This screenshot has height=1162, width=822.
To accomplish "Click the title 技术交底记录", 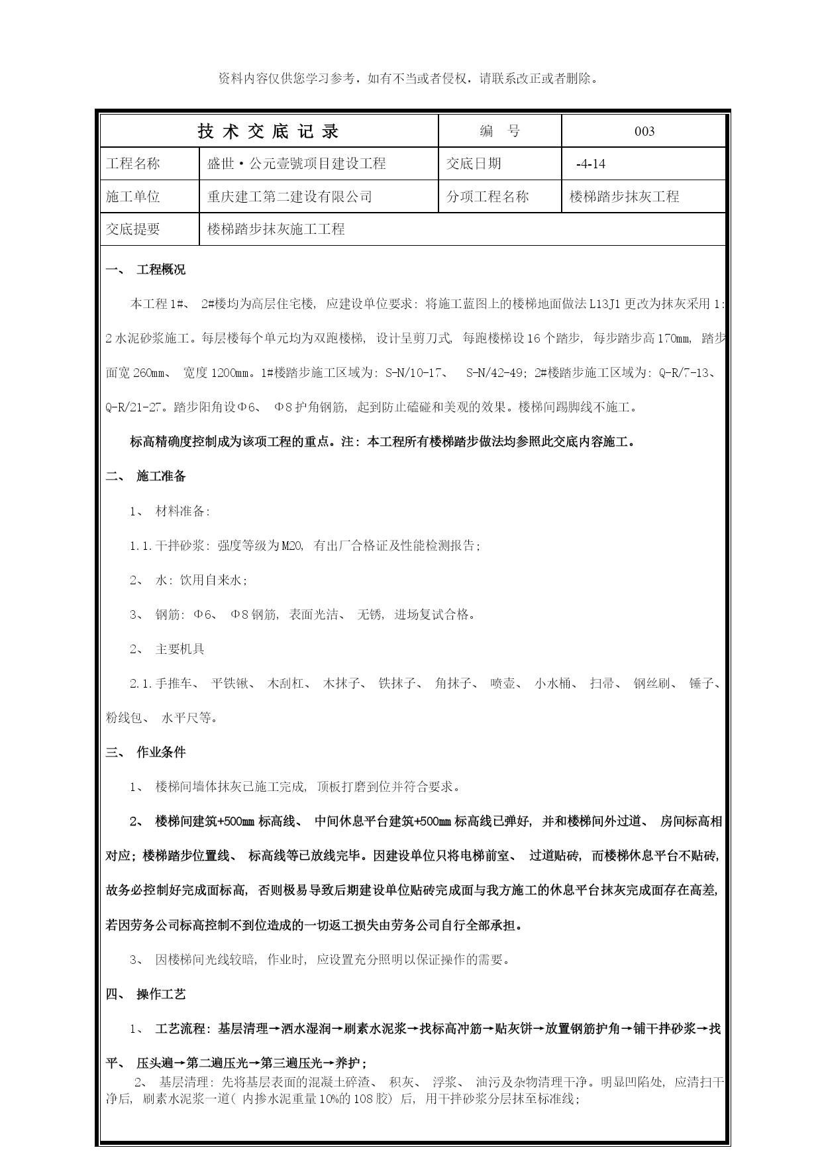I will click(x=268, y=131).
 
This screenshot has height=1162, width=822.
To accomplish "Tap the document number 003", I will click(x=644, y=131).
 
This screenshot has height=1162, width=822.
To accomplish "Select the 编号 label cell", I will click(x=499, y=131).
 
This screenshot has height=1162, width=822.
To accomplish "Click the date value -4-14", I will click(x=591, y=164).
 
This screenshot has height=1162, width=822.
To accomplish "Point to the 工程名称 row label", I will click(x=133, y=164).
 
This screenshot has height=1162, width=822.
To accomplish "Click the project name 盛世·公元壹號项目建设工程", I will click(x=296, y=164).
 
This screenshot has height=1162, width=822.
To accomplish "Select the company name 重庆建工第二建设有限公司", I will click(x=289, y=197).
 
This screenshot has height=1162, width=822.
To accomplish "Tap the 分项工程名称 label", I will click(x=488, y=197).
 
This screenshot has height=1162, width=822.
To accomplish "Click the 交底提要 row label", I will click(x=133, y=229).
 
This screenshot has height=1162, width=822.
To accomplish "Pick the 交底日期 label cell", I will click(x=474, y=164).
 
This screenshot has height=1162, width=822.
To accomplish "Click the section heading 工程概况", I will click(x=161, y=270).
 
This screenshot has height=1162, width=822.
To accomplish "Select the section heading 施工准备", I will click(x=161, y=476).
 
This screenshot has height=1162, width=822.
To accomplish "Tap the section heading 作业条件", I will click(x=161, y=752).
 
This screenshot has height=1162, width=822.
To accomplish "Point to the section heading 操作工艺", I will click(x=161, y=994).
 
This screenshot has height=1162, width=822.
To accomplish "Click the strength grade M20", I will click(x=291, y=546).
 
